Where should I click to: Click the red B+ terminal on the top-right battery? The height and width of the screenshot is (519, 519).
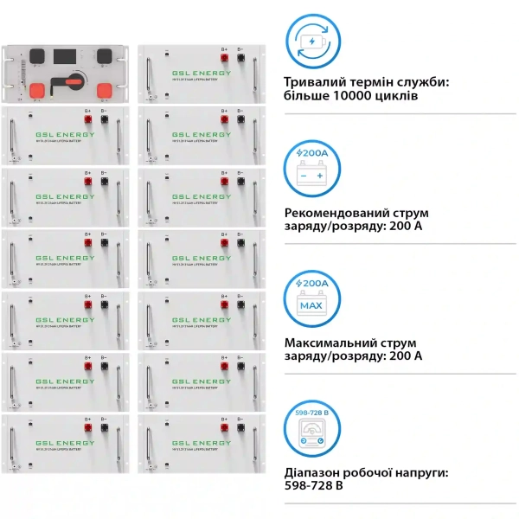tap(224, 59)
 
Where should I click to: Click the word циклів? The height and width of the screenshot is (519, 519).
tap(398, 97)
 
